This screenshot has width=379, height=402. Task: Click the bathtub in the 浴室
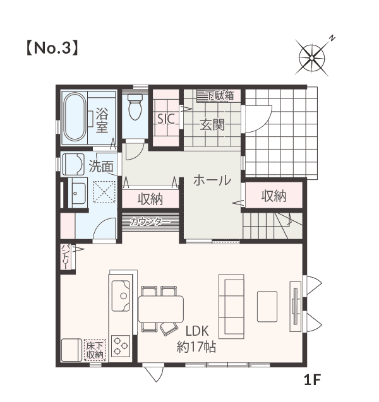click(x=75, y=117)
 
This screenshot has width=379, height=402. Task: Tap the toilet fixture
click(x=135, y=107)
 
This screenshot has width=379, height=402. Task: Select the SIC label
click(x=166, y=119)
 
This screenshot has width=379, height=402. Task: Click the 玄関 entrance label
click(x=212, y=124)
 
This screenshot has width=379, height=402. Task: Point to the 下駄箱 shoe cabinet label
click(x=220, y=96)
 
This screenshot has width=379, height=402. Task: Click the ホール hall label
click(x=212, y=180)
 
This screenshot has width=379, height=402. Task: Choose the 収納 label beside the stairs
click(x=274, y=196)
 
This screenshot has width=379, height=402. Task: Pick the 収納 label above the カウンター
click(x=150, y=199)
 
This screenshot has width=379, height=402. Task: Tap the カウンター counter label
click(x=150, y=222)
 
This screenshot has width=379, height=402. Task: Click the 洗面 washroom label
click(x=101, y=167)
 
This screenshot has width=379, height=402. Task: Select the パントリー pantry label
click(x=65, y=257)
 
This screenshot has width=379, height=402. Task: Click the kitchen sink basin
click(x=121, y=296)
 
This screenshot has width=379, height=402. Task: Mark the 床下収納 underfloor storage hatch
click(x=95, y=350)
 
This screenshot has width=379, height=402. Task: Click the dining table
click(x=161, y=309)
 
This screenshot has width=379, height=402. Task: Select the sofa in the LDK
click(x=231, y=307)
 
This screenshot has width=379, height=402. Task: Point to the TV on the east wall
click(x=296, y=307)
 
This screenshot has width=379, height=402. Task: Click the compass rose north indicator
click(x=332, y=38)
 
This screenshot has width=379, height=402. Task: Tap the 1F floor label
click(x=313, y=380)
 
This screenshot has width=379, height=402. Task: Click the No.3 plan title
click(x=52, y=48)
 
